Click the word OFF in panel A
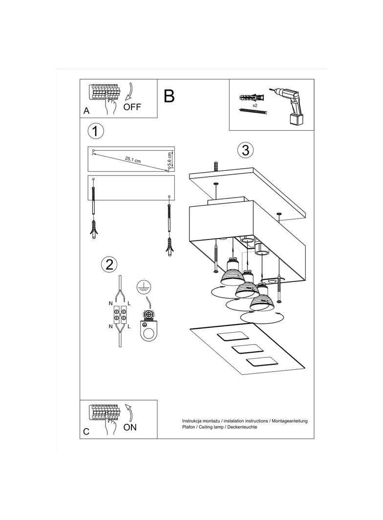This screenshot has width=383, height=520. coord(132,107)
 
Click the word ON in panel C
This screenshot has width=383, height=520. coord(130,427)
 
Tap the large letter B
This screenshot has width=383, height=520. coord(169,96)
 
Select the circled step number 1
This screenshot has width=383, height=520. coord(96,131)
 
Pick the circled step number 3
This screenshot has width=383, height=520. coord(245,150)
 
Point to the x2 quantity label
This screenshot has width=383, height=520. coord(255,105)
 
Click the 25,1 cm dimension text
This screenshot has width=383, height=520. coord(133,159)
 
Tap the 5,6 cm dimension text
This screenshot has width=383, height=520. coord(170,159)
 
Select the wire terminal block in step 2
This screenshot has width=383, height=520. coord(120,315)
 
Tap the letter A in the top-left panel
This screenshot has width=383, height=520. coord(86,111)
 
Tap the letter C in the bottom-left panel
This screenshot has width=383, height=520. coord(86,431)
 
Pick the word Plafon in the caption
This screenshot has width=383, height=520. coord(189,427)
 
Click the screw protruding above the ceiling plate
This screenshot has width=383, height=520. coord(216,166)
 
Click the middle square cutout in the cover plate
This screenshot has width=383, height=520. coord(245,349)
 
